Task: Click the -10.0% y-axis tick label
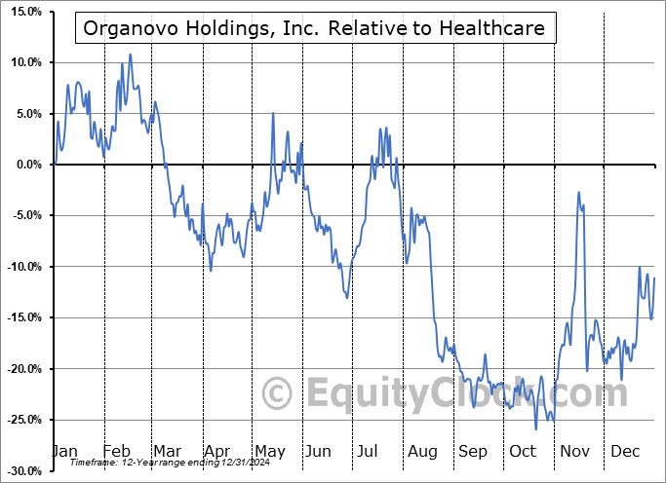(20, 267)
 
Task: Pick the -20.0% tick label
(20, 369)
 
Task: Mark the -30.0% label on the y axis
(20, 471)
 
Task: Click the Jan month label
(64, 451)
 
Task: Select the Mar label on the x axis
(168, 451)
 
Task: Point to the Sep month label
(473, 451)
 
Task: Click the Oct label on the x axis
(523, 451)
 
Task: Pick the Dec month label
(624, 451)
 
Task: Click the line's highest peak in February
(130, 55)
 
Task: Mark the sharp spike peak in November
(579, 193)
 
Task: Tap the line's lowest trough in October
(535, 428)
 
